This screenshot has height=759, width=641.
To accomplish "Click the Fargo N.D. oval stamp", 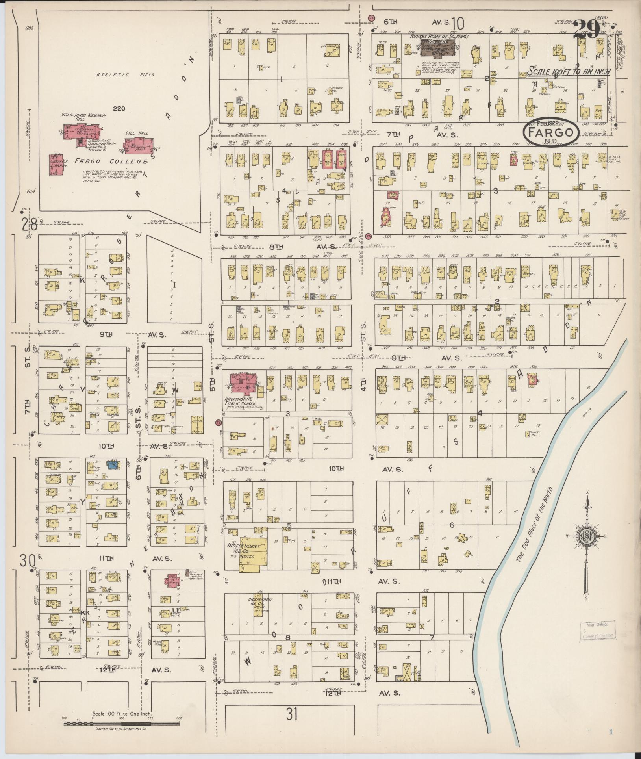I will [x=551, y=132].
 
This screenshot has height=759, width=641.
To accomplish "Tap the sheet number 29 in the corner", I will [x=586, y=30].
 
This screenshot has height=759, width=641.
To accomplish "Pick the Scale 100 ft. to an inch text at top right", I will [x=569, y=72].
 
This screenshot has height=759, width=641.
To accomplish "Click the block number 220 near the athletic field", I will [x=119, y=108].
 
